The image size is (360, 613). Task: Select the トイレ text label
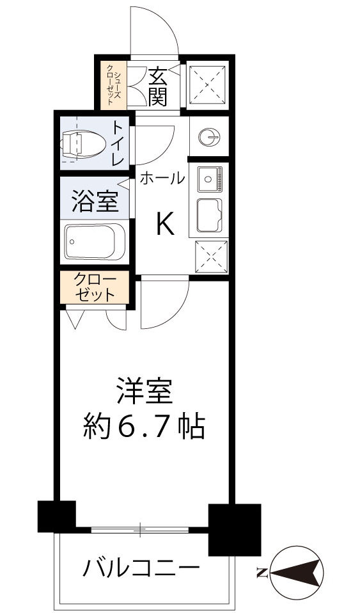click(118, 143)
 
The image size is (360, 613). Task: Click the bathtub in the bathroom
click(96, 242)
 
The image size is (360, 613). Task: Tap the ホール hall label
click(162, 179)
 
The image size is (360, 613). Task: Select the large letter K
click(164, 225)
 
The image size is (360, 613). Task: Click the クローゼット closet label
click(95, 288)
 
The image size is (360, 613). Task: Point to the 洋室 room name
click(145, 391)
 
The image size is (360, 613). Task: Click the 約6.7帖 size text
click(145, 426)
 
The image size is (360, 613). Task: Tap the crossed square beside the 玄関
click(208, 84)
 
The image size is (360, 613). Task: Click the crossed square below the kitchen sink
click(209, 257)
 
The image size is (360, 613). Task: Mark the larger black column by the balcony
click(235, 529)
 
